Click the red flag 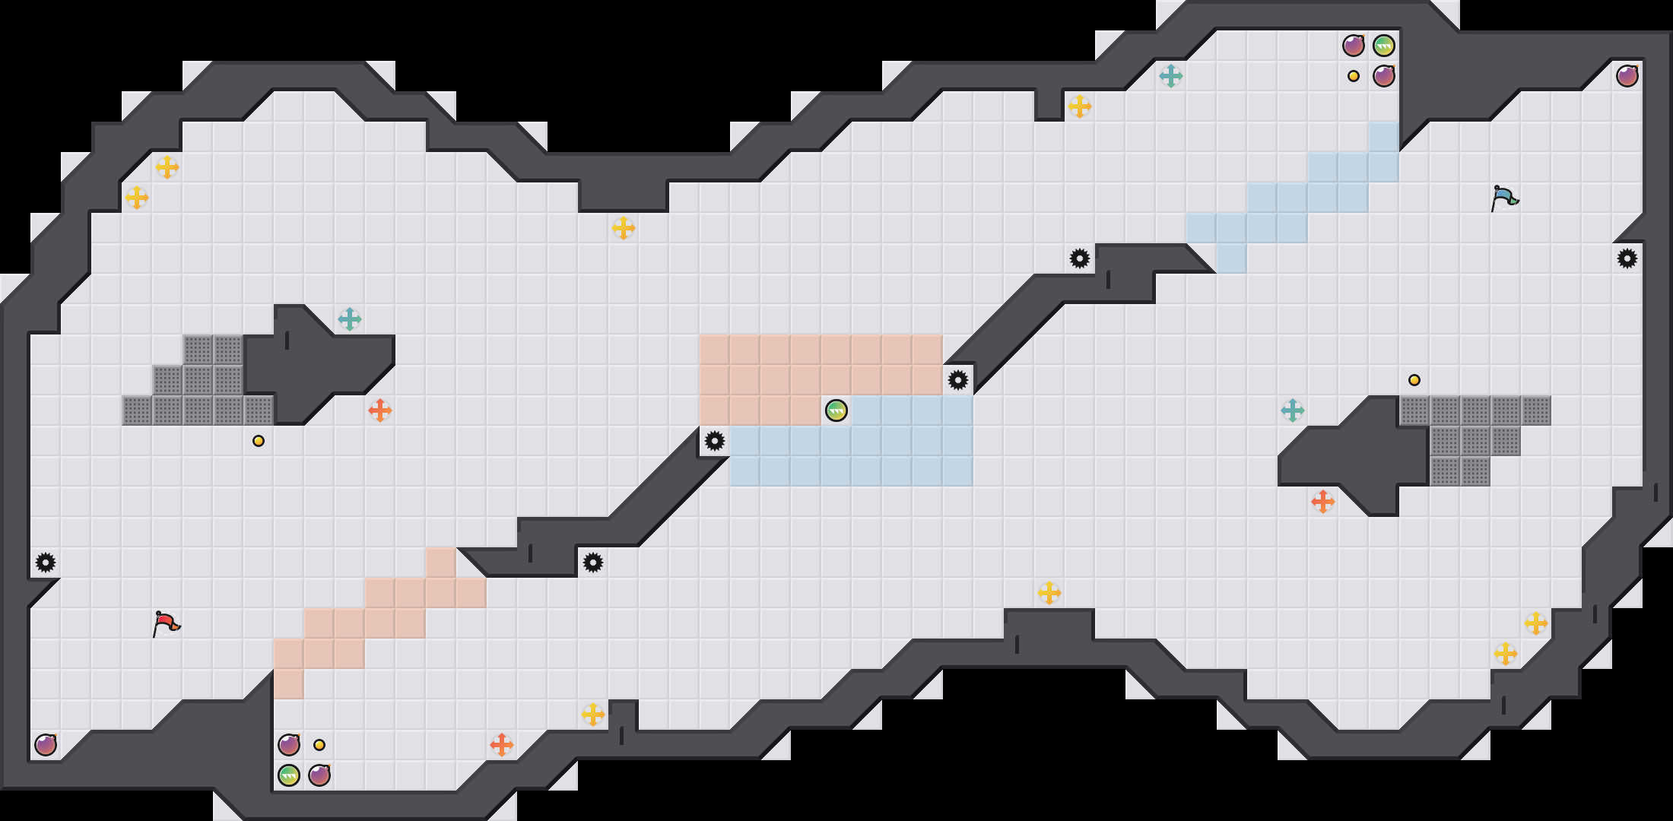coord(166,623)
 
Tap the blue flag coord(1504,198)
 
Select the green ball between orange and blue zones coord(836,410)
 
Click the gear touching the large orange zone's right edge coord(957,380)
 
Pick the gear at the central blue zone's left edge coord(714,441)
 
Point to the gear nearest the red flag coord(46,563)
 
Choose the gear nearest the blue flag coord(1627,258)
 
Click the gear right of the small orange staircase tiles coord(592,563)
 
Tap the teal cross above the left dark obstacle coord(349,319)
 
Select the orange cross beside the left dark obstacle coord(379,410)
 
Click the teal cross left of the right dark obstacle coord(1292,410)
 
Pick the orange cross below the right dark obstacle coord(1322,502)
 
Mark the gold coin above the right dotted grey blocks coord(1414,380)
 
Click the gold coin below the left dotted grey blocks coord(259,441)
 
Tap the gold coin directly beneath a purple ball coord(1353,76)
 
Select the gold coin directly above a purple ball coord(319,745)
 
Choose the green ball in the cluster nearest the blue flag coord(1383,46)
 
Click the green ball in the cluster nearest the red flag coord(288,775)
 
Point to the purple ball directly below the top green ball coord(1383,76)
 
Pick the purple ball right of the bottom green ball coord(319,775)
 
